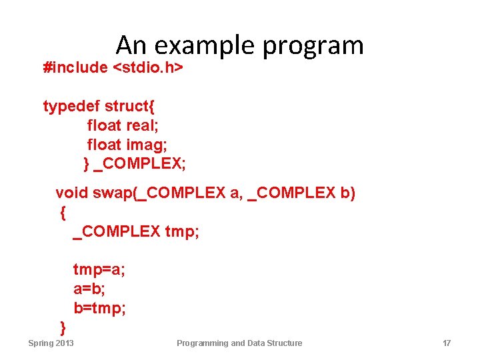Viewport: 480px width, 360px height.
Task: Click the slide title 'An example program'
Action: coord(239,45)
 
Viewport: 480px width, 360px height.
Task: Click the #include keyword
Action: coord(75,67)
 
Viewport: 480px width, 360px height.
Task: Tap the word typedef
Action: coord(71,107)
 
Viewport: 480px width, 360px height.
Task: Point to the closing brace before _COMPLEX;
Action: coord(86,163)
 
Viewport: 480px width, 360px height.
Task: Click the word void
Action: coord(71,193)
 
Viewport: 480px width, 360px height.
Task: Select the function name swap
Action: coord(113,193)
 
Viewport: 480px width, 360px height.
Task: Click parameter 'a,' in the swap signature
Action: coord(236,193)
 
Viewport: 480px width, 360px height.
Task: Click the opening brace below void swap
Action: coord(63,213)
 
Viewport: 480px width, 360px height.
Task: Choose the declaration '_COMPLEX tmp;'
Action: coord(136,231)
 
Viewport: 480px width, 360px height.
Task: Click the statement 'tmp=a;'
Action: coord(99,270)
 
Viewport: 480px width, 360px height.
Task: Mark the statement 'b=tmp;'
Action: coord(99,309)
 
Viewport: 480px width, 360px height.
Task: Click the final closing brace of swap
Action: coord(63,327)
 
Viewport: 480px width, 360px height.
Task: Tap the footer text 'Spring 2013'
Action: coord(51,343)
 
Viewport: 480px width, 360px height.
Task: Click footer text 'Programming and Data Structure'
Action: coord(239,343)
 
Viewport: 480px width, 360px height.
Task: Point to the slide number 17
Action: coord(447,343)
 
